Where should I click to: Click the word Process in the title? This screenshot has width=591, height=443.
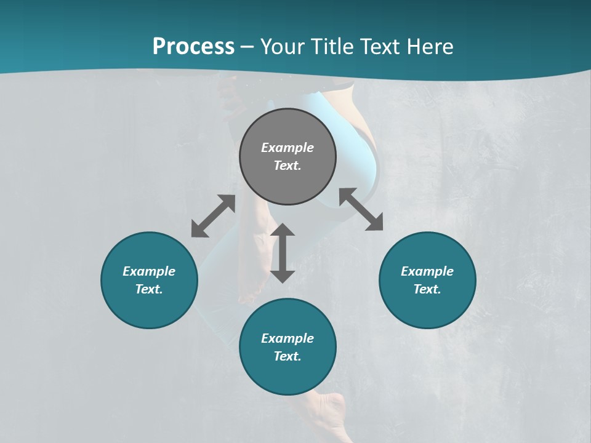(193, 47)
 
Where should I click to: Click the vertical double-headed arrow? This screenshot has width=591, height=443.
(283, 253)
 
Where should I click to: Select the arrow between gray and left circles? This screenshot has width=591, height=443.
(213, 216)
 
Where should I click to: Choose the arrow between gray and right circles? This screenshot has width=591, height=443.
(361, 209)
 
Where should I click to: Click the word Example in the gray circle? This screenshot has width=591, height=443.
(287, 148)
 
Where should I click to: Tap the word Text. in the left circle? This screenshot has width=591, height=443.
(149, 289)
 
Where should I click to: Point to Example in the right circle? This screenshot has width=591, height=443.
(427, 271)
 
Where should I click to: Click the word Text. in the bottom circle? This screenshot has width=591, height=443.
(287, 356)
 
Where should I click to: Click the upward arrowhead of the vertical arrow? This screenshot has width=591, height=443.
(283, 231)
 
